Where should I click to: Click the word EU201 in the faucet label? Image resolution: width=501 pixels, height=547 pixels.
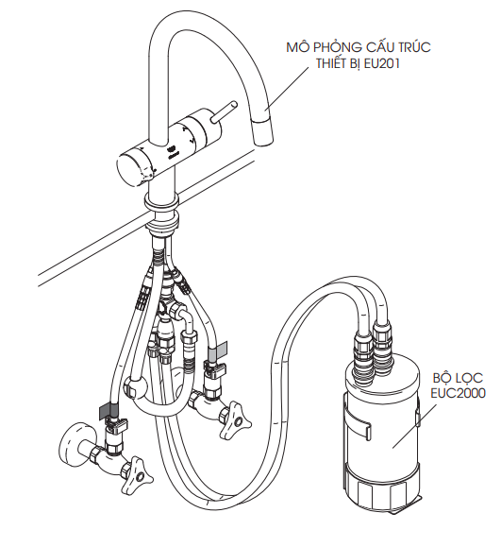(381, 64)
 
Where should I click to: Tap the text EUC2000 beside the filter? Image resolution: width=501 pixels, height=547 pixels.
(458, 393)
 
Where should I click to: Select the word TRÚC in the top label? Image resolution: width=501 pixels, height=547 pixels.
(412, 46)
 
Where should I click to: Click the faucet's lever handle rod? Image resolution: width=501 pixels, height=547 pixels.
(224, 111)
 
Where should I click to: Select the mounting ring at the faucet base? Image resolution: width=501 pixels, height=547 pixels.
(161, 203)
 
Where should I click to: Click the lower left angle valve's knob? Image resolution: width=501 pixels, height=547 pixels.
(138, 473)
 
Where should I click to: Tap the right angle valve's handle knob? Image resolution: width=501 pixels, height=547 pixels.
(236, 419)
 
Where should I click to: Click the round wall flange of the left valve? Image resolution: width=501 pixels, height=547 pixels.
(75, 442)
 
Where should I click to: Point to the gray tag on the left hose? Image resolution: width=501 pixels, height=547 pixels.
(109, 411)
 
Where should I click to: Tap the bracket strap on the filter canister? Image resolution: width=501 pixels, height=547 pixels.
(356, 423)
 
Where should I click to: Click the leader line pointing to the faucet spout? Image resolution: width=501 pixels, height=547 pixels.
(287, 90)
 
